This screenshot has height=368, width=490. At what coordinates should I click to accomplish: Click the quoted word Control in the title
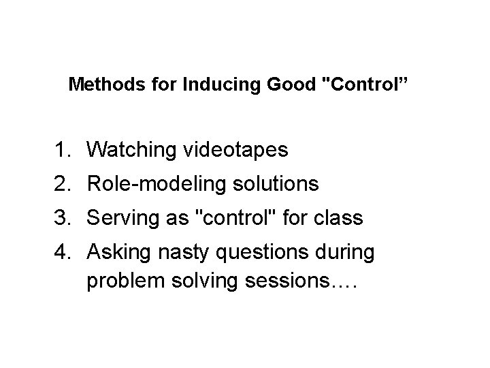(x=363, y=86)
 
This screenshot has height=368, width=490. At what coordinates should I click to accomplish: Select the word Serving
(x=121, y=219)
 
